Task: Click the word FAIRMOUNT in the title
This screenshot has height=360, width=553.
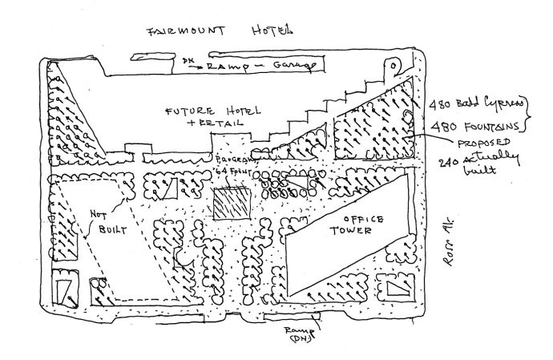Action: tap(184, 32)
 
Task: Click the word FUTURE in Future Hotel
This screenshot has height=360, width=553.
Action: tap(187, 112)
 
